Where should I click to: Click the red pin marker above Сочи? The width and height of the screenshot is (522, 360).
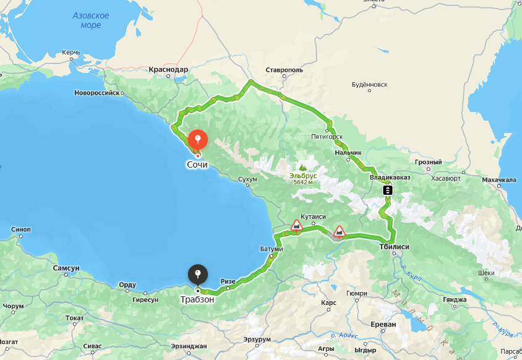click(x=197, y=139)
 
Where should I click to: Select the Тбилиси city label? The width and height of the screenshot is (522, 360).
click(x=395, y=246)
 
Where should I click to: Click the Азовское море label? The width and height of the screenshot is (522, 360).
click(x=90, y=20)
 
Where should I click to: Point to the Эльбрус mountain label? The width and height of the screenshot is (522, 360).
click(x=303, y=176)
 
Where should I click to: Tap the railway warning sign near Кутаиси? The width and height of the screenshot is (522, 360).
click(x=297, y=225)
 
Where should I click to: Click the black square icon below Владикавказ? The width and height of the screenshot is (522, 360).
click(x=387, y=190)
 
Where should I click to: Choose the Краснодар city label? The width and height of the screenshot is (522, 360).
click(x=168, y=70)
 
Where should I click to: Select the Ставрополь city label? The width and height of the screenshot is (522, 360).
click(x=284, y=71)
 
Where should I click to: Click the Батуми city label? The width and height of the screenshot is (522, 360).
click(x=272, y=249)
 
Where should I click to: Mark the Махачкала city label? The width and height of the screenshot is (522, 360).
click(x=498, y=180)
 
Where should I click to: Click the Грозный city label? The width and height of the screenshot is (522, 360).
click(x=429, y=163)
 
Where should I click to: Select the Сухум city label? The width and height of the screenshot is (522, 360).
click(x=247, y=179)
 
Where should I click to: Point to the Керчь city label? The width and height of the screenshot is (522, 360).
click(x=71, y=53)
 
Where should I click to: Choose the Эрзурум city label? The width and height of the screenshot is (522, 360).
click(x=257, y=340)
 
